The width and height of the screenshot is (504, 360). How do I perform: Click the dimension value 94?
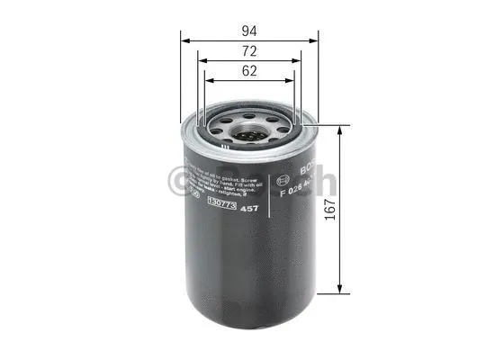249,28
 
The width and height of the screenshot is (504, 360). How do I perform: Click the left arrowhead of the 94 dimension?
184,39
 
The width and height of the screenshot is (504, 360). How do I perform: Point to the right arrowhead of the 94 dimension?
315,39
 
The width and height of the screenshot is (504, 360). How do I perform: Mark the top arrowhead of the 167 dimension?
338,130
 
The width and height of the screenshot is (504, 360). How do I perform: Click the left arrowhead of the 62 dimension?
209,80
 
